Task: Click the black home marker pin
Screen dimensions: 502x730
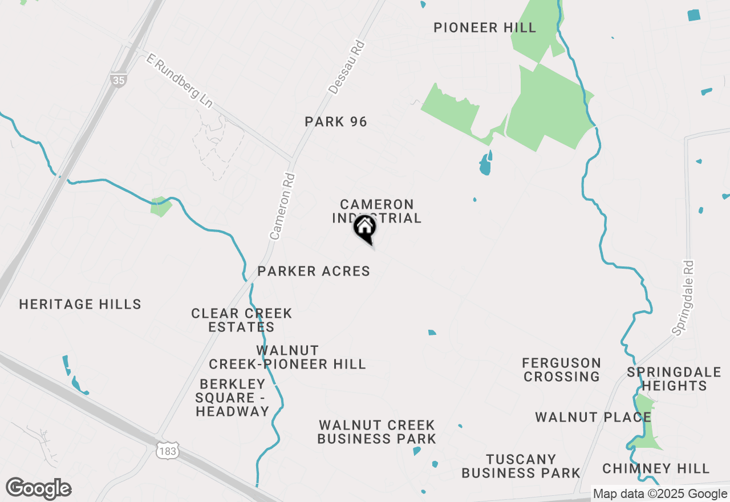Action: pos(365,229)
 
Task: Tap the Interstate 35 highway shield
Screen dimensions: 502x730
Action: pos(118,80)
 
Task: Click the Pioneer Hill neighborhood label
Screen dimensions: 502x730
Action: pos(485,27)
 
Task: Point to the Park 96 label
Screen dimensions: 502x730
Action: pos(336,122)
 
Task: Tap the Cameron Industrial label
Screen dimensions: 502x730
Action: pos(376,211)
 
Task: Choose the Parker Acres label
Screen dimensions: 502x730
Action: pos(314,272)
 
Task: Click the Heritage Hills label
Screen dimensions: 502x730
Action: pos(80,304)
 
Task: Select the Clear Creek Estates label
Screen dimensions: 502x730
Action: pos(242,320)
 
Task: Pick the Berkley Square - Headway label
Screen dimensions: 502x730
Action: pos(232,398)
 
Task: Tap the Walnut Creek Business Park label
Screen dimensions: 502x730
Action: pos(376,432)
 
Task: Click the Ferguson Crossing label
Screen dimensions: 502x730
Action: pos(562,370)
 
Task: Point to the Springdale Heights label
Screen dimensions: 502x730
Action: pos(674,379)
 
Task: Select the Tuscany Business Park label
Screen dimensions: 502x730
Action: pos(521,466)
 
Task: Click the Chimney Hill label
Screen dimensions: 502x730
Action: pos(656,469)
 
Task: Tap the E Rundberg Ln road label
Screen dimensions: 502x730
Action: pos(179,81)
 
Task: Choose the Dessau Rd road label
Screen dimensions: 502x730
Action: pos(347,67)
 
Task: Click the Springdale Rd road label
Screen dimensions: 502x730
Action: pos(684,297)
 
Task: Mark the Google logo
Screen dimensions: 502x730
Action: pos(39,489)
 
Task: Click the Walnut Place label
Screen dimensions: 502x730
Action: pos(593,418)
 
